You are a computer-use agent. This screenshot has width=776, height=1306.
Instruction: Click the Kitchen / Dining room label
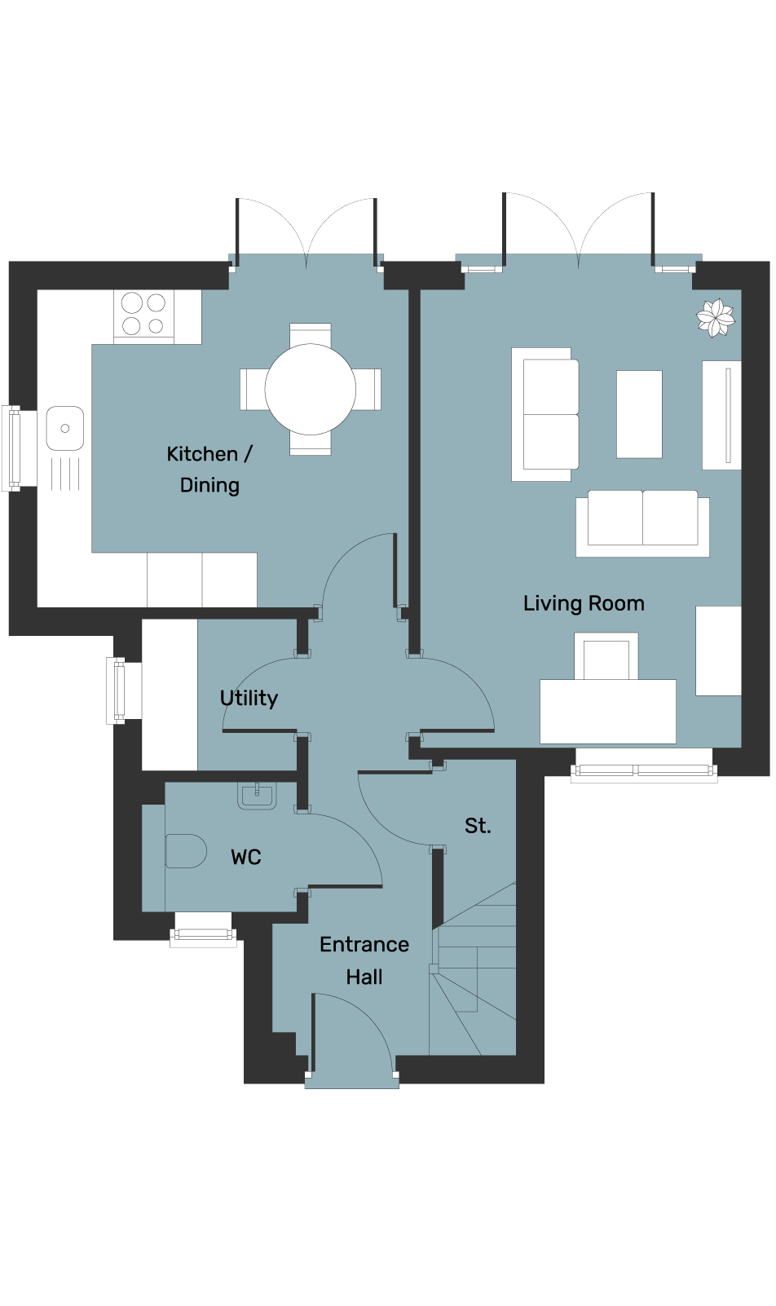click(209, 470)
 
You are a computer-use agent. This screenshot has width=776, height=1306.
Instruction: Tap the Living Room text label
click(584, 603)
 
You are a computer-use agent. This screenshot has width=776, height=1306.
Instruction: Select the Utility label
click(249, 698)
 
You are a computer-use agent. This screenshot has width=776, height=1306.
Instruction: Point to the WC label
click(246, 857)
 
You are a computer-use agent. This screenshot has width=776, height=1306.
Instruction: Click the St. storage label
click(478, 826)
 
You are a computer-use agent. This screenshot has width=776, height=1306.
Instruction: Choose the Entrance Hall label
click(364, 960)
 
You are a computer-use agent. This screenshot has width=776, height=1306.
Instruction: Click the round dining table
click(311, 389)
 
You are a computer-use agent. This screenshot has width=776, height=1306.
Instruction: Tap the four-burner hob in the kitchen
click(143, 315)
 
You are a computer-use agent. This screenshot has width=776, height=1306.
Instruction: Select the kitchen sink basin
click(64, 429)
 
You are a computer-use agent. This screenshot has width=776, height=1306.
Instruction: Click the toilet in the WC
click(186, 851)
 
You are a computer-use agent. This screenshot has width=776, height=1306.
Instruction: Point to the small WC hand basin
click(257, 796)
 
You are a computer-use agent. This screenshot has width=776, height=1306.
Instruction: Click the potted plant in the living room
click(716, 318)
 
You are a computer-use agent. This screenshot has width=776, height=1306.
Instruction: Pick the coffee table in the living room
click(639, 414)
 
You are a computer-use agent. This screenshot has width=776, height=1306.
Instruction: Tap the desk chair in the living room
click(606, 656)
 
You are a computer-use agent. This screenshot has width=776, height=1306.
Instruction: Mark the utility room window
click(117, 691)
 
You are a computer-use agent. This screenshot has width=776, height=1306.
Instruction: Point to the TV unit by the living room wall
click(721, 415)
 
